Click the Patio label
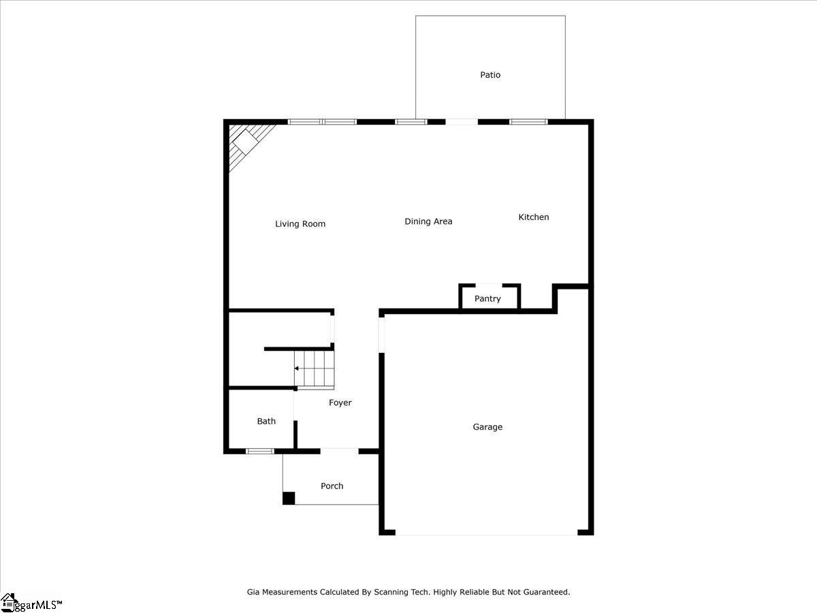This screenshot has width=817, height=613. tap(490, 75)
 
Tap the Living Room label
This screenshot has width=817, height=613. tap(300, 223)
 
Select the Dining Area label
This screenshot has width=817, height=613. tap(428, 221)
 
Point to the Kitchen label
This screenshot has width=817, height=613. tap(533, 217)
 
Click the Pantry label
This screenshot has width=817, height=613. tap(487, 298)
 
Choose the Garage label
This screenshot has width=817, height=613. tap(487, 427)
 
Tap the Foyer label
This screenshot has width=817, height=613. tap(340, 403)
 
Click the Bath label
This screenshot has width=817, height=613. tap(266, 421)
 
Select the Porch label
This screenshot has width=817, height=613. tap(332, 486)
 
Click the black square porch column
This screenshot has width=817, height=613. tap(289, 498)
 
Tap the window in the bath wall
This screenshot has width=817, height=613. tap(260, 451)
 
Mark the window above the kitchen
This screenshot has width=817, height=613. tap(528, 122)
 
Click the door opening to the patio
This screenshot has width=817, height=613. tap(462, 122)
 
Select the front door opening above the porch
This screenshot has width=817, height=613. tap(339, 451)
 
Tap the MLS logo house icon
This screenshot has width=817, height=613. tap(8, 602)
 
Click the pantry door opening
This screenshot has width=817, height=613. tap(489, 285)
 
